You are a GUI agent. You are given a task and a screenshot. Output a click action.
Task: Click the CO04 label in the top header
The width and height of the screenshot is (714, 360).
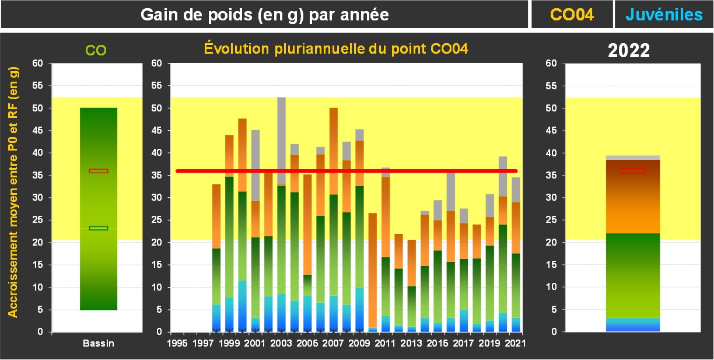(572, 15)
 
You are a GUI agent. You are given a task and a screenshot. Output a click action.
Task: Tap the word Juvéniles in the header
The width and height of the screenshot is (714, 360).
(664, 15)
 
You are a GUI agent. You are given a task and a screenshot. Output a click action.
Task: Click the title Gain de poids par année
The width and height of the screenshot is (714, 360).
(265, 15)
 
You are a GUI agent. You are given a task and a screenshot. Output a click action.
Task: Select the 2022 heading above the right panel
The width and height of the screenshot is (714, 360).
(629, 50)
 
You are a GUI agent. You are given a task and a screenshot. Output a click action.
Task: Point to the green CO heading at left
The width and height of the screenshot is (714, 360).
(96, 51)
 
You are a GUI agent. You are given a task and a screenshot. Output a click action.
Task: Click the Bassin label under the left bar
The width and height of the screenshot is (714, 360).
(98, 343)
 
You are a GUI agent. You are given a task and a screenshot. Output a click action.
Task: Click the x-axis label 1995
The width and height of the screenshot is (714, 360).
(177, 343)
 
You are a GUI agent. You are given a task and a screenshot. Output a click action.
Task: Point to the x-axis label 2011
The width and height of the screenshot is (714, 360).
(384, 343)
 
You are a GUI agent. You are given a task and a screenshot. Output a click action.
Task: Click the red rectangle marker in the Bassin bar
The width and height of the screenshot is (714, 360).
(99, 171)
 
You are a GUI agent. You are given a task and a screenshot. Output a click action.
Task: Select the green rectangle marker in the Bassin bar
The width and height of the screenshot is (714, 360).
(99, 228)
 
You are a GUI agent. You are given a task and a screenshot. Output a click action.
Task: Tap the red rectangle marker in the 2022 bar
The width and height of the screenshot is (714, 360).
(633, 171)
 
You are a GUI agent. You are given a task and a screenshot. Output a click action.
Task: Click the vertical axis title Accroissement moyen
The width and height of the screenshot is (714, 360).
(13, 191)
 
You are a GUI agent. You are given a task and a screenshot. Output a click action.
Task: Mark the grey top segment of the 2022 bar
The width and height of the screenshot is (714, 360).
(633, 158)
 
